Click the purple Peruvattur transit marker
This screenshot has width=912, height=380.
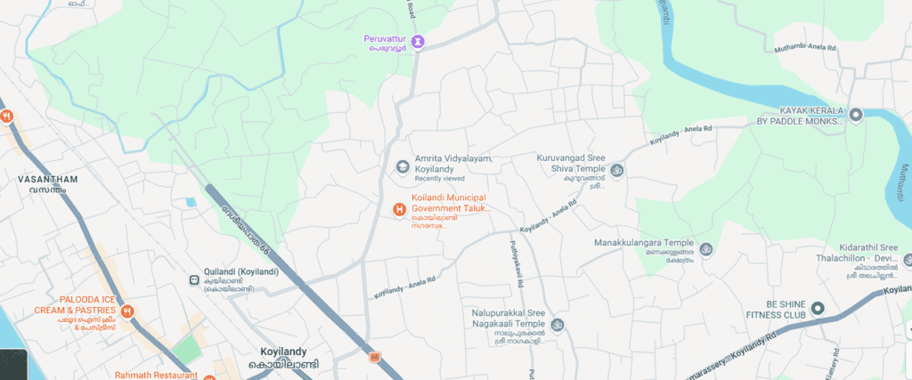tap(418, 41)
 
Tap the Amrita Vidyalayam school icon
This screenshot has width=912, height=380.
tap(402, 166)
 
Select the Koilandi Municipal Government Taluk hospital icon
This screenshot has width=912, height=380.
tap(400, 209)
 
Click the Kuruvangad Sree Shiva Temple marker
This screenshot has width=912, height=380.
tap(616, 169)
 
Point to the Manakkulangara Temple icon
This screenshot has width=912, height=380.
tap(705, 249)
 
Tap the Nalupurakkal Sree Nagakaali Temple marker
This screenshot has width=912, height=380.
tap(557, 325)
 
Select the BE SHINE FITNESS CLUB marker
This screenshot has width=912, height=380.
tap(818, 309)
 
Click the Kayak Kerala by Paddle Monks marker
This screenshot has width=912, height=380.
tap(856, 114)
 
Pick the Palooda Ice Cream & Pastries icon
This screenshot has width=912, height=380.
tap(127, 311)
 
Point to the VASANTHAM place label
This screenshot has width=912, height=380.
tap(48, 179)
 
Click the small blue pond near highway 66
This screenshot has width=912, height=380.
tap(191, 202)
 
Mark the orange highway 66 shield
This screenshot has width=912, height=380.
tap(375, 358)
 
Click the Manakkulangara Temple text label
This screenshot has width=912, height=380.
tap(643, 242)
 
